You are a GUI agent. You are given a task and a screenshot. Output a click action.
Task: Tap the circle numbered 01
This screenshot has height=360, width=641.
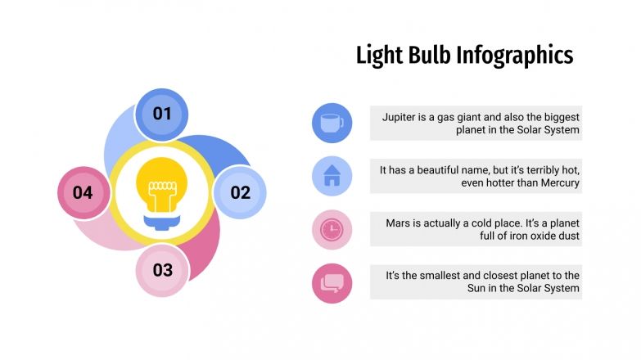point(162,114)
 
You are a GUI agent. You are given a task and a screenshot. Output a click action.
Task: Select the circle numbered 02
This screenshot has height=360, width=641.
point(240,192)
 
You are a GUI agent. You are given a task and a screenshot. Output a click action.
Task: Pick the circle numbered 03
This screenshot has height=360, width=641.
point(162,270)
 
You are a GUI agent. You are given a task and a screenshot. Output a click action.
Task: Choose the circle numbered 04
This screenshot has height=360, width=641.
point(84,192)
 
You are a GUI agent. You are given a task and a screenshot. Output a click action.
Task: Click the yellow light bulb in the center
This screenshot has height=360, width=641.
point(161,185)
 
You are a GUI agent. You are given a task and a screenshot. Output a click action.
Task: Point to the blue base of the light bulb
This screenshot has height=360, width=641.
point(161,218)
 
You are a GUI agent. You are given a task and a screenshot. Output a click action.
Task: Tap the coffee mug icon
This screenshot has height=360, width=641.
point(332,123)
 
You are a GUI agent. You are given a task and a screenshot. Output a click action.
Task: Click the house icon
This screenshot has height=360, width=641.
point(332,176)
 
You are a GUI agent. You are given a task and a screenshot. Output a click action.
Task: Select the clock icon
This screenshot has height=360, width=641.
point(332,229)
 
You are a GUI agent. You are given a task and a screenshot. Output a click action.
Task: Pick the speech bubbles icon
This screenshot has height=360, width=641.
point(332,282)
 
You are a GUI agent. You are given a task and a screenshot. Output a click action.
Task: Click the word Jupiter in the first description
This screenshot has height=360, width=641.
point(401,117)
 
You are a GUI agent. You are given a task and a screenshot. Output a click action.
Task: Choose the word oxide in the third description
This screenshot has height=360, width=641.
point(520,236)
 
